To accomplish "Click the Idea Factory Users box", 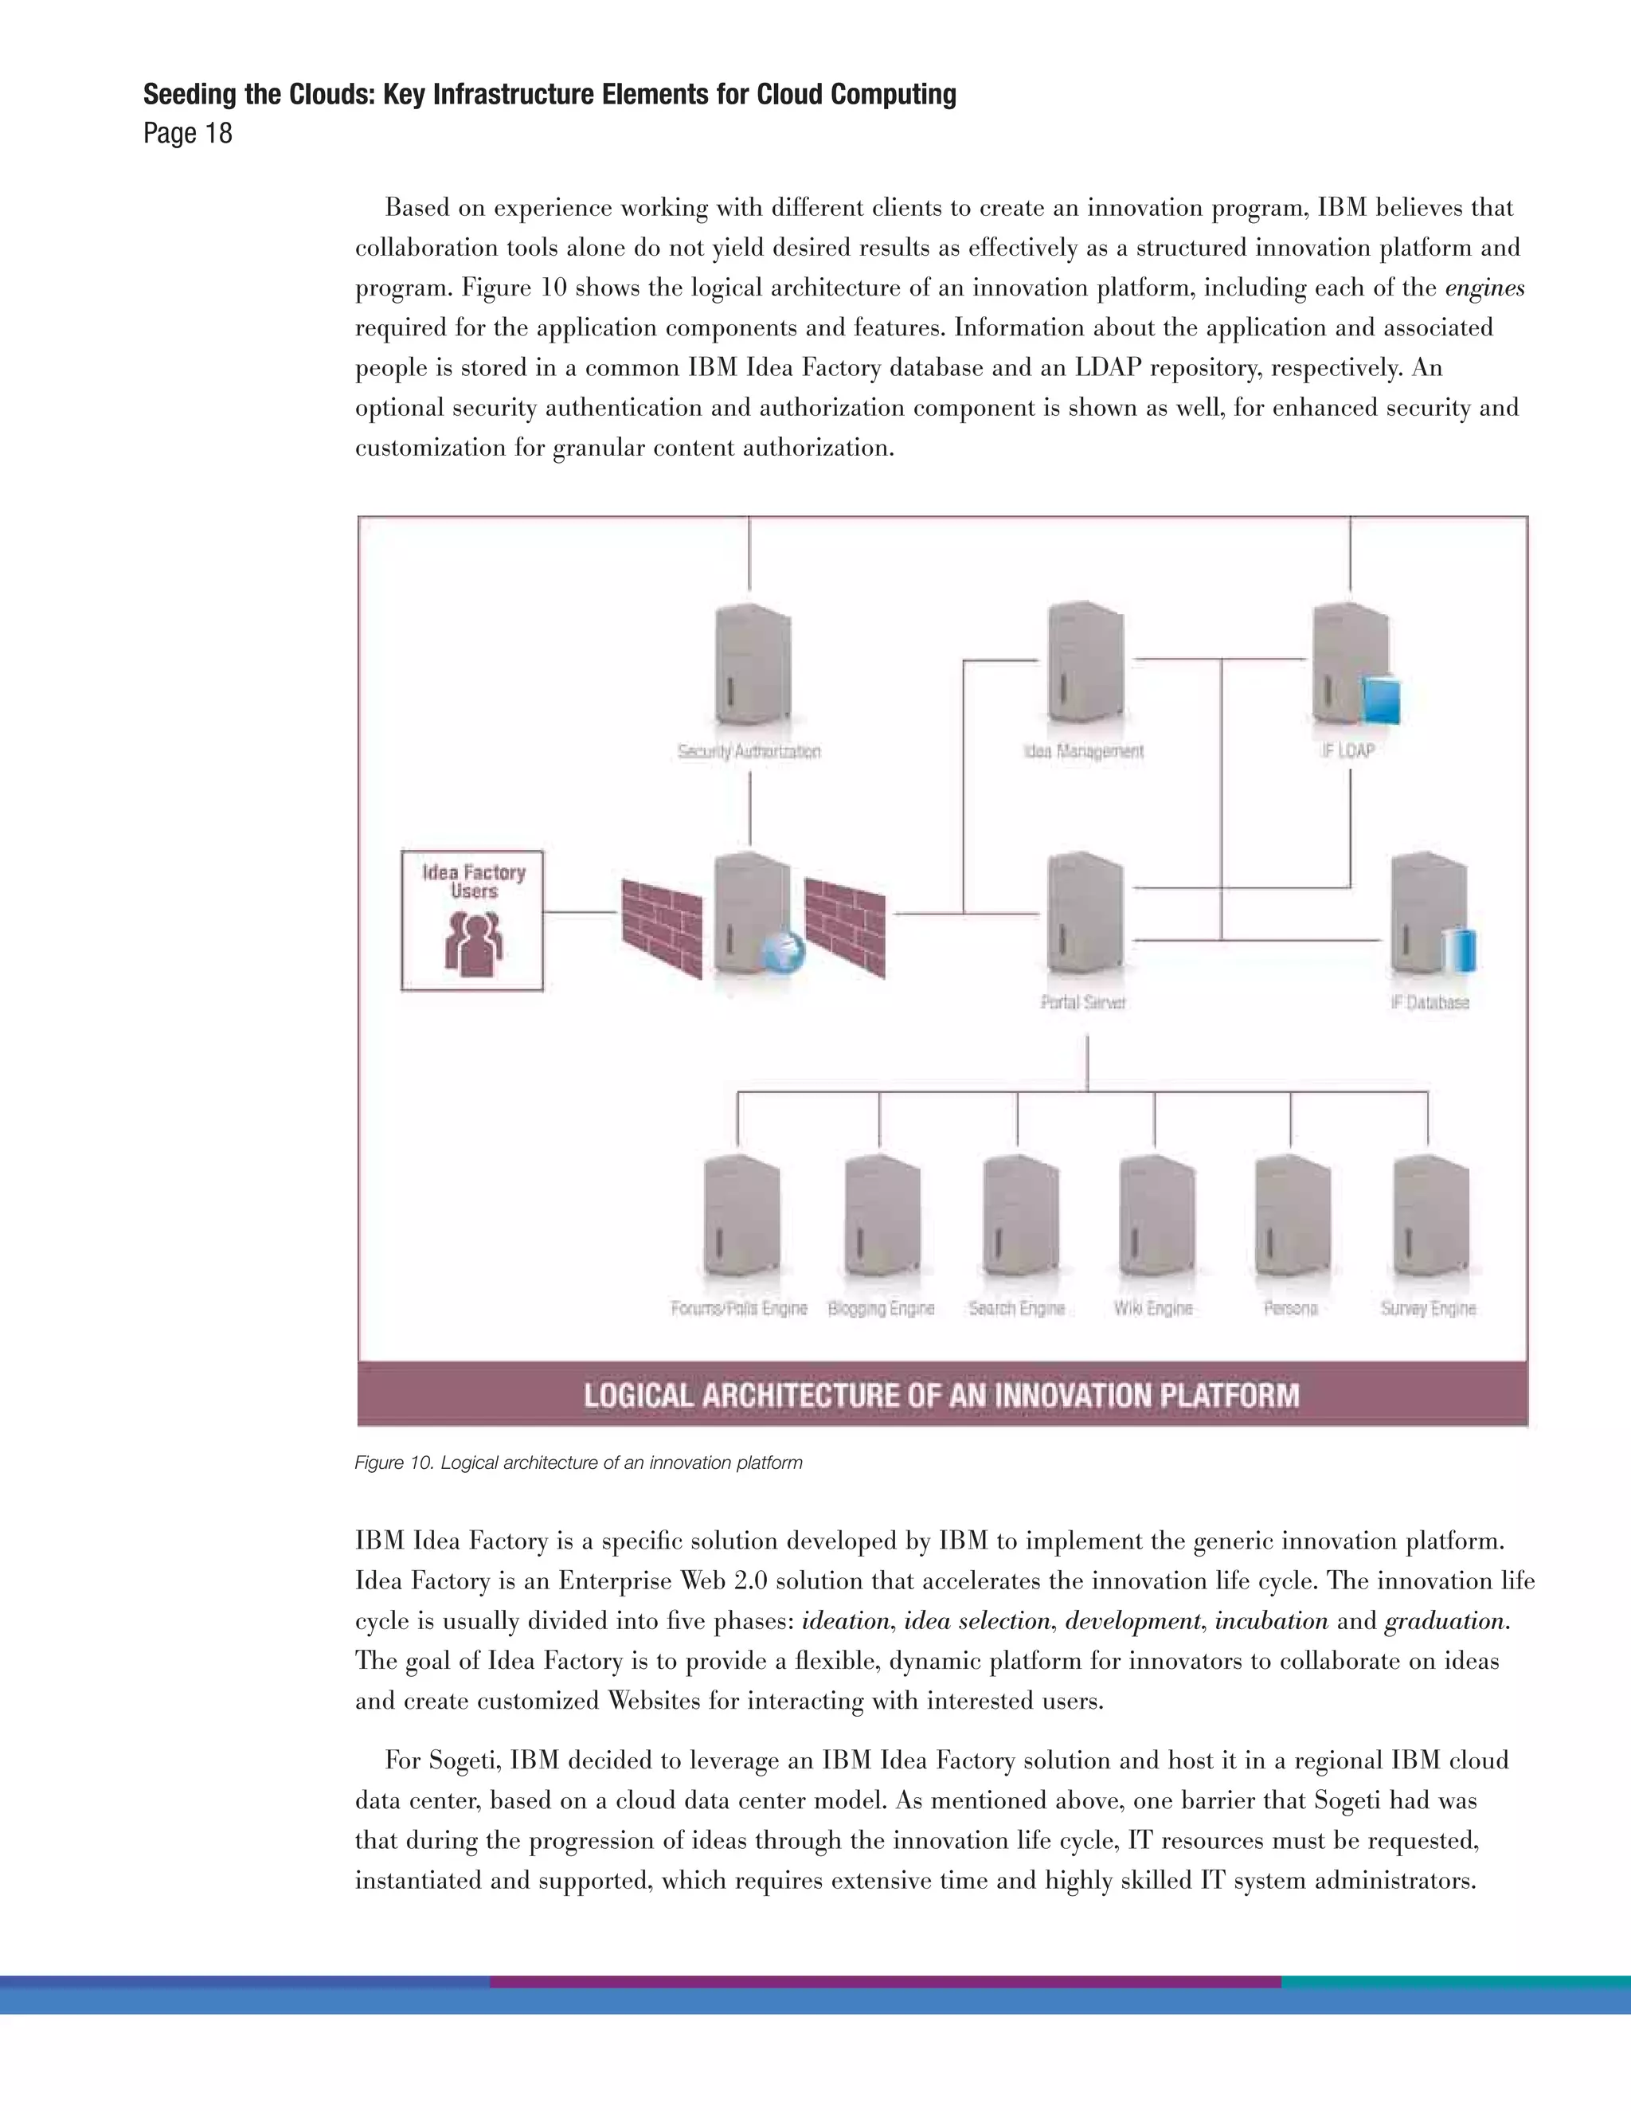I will point(472,919).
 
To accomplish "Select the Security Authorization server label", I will point(749,751).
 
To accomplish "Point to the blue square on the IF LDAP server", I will point(1380,701).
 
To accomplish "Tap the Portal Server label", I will point(1083,1002).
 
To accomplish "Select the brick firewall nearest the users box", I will point(661,928).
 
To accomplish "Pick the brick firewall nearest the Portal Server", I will point(846,928).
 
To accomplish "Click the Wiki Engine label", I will point(1152,1308).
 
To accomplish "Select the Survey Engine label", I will point(1428,1308).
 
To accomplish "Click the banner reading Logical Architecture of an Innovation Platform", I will point(942,1395).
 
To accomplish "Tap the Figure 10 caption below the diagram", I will point(578,1463).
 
